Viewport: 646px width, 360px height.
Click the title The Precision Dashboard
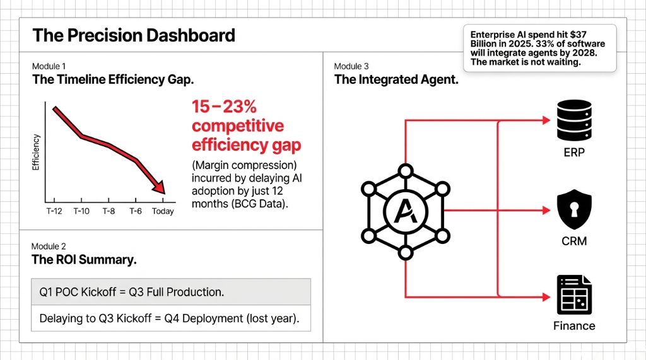point(134,35)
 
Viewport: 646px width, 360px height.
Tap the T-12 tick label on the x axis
point(54,211)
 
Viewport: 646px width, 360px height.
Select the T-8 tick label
point(109,211)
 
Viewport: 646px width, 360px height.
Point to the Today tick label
point(163,211)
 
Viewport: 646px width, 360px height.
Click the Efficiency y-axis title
point(36,152)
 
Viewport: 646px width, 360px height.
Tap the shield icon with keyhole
point(573,211)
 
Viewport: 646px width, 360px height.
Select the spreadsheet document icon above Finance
point(573,295)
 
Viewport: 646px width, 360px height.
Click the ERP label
point(574,153)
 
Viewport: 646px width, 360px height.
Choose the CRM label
point(574,241)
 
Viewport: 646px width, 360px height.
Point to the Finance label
point(574,326)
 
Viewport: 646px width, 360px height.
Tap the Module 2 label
point(49,247)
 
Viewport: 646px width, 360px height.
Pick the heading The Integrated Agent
point(396,80)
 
